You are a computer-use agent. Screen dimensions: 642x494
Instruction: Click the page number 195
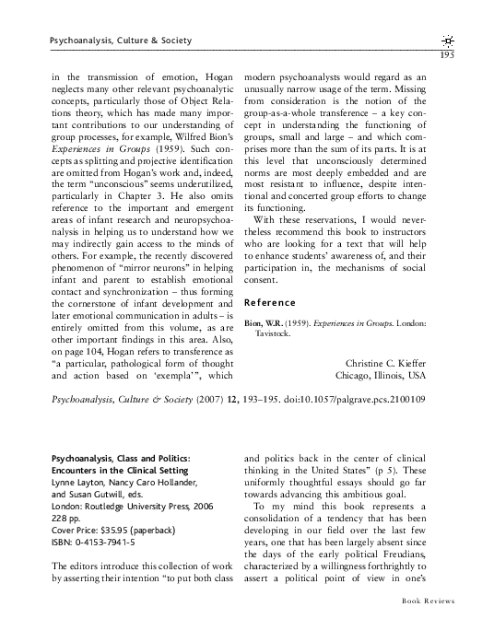click(446, 53)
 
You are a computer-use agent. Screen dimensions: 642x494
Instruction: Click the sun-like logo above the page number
click(447, 40)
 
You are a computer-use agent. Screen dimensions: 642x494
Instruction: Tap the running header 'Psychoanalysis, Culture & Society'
click(112, 41)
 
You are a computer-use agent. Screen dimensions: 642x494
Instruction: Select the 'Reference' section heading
click(269, 302)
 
